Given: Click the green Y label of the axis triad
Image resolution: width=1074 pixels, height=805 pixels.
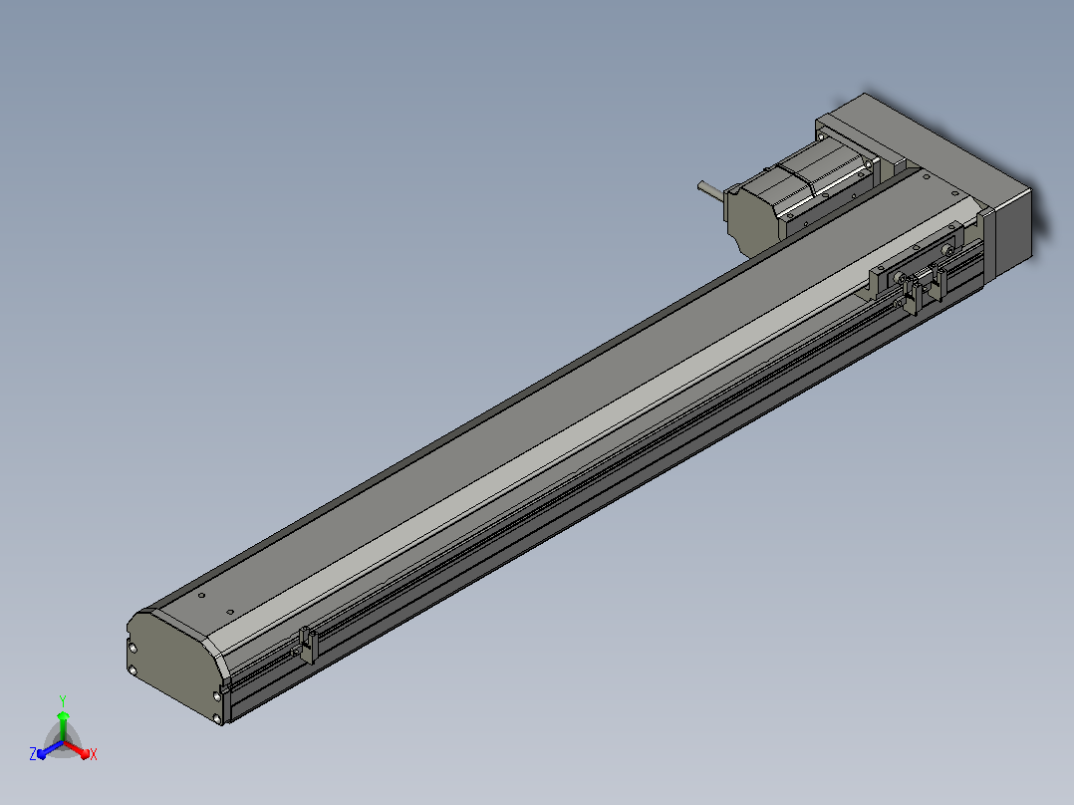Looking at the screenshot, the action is click(63, 700).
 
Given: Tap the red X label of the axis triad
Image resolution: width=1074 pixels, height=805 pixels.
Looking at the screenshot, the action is click(94, 754).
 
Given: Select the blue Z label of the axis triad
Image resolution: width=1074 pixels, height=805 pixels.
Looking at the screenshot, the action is click(32, 754).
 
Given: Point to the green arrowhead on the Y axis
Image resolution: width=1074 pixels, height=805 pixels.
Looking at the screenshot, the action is click(63, 716).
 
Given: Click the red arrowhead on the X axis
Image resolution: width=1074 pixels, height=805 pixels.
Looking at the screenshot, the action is click(85, 754).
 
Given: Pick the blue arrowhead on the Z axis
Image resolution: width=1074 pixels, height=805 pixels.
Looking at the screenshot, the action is click(42, 753).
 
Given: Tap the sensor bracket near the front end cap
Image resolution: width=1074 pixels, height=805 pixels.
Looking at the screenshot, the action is click(308, 646).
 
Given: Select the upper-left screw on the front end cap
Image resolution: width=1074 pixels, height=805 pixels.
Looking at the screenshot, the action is click(133, 648).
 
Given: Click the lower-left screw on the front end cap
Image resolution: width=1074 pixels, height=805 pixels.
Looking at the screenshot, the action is click(133, 671).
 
